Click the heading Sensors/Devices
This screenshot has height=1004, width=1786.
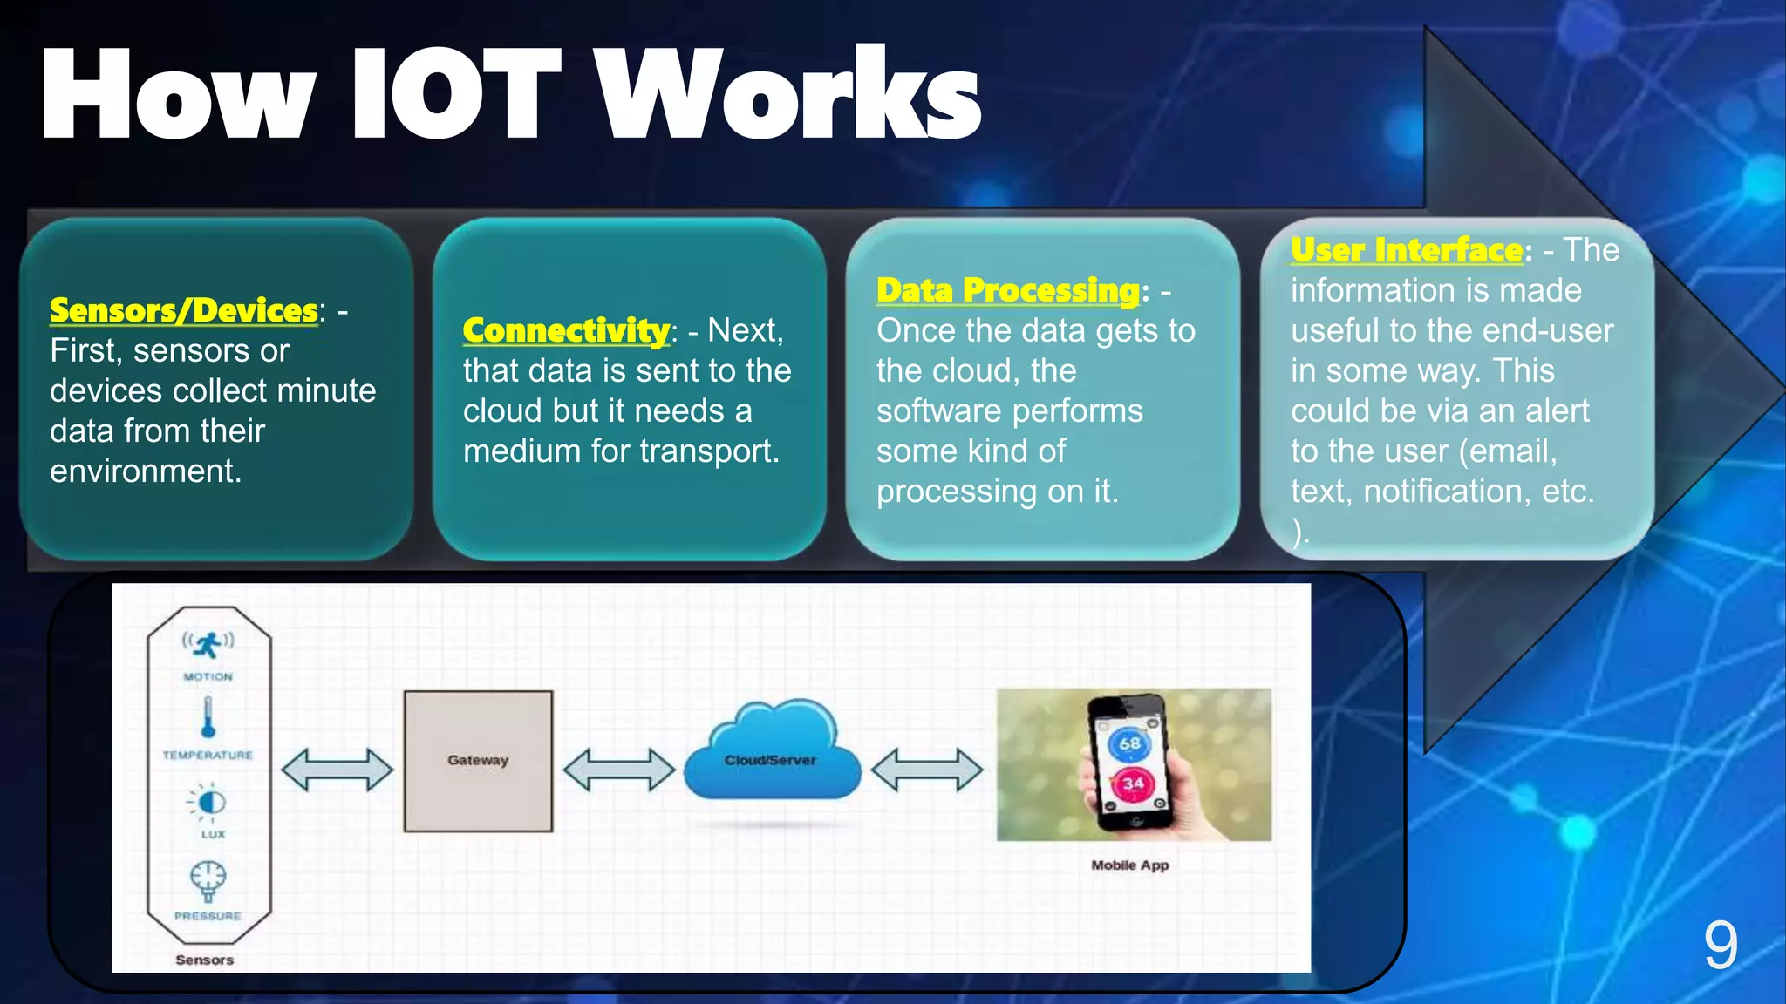(x=184, y=310)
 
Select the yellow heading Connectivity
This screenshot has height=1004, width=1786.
(x=566, y=330)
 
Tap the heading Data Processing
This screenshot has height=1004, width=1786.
(x=1008, y=290)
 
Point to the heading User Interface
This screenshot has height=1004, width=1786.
(x=1407, y=250)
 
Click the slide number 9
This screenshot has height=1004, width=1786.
(x=1720, y=946)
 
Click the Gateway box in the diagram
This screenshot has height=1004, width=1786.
(x=478, y=761)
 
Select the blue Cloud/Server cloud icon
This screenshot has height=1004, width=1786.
(x=771, y=754)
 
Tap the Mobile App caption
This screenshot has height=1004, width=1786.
(x=1129, y=865)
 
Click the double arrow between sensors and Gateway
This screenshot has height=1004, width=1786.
(x=337, y=770)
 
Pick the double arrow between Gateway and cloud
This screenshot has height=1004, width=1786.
(x=619, y=770)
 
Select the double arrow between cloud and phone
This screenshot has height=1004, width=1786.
(x=927, y=770)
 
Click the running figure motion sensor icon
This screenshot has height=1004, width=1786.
(x=208, y=645)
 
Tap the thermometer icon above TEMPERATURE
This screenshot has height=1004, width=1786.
(x=208, y=717)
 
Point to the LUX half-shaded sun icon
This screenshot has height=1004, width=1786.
(x=209, y=802)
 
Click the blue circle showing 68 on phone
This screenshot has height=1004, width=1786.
(x=1129, y=743)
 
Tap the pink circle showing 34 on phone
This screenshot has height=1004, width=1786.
(x=1132, y=784)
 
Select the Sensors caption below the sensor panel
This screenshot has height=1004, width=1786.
(x=205, y=960)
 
